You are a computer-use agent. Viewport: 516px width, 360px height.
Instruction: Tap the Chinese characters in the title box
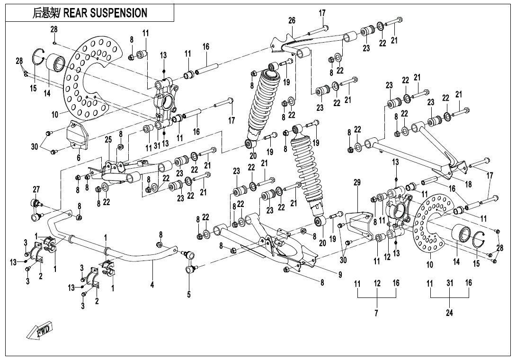click(x=45, y=13)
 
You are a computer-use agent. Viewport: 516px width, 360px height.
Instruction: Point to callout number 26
click(x=292, y=20)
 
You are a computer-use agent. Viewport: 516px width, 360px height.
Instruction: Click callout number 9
click(x=340, y=273)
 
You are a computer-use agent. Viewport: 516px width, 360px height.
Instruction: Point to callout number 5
click(x=188, y=295)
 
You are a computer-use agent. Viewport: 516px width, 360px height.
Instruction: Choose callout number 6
click(x=79, y=158)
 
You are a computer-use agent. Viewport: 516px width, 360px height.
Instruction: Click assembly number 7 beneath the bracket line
click(x=377, y=313)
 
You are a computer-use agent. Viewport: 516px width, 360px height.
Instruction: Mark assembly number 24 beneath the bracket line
click(x=449, y=313)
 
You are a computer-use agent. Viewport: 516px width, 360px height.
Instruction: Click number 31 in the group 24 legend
click(x=449, y=283)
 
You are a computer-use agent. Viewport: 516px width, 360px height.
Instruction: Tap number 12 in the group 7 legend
click(x=377, y=283)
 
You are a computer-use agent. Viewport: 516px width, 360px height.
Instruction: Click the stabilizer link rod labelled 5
click(x=191, y=261)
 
